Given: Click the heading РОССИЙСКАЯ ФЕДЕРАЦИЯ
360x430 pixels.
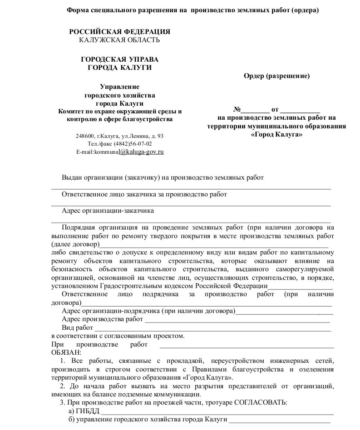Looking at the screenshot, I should coord(119,32).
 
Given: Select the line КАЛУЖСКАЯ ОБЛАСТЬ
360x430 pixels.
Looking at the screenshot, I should coord(119,39).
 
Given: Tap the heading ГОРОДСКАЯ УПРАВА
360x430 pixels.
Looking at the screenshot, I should coord(119,59).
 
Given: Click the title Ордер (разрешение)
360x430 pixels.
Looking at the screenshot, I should coord(276,76).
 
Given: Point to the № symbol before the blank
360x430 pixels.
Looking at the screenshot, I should coord(237,110).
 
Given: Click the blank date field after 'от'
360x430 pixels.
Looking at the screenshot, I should coord(300,110).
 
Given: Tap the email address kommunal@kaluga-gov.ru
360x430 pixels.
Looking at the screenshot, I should coord(120,151).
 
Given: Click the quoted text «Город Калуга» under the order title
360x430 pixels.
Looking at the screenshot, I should coord(276,135).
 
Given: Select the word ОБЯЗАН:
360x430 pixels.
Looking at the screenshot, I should coord(66,352).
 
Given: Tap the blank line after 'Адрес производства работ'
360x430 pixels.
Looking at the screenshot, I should coord(237,321).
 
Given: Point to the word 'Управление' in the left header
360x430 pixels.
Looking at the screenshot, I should coord(120,87).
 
